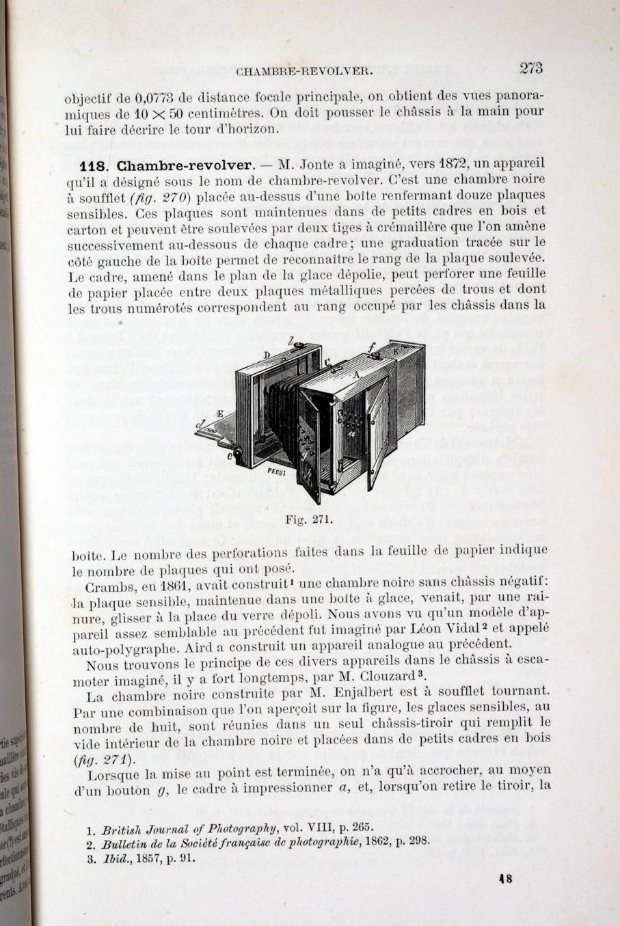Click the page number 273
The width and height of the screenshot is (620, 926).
(530, 68)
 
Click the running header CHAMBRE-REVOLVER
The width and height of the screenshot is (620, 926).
(304, 70)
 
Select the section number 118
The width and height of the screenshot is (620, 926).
(92, 166)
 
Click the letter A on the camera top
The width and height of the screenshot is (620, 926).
(356, 375)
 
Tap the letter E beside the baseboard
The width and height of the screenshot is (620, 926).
(219, 413)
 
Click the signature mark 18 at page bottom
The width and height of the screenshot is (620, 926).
(506, 880)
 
